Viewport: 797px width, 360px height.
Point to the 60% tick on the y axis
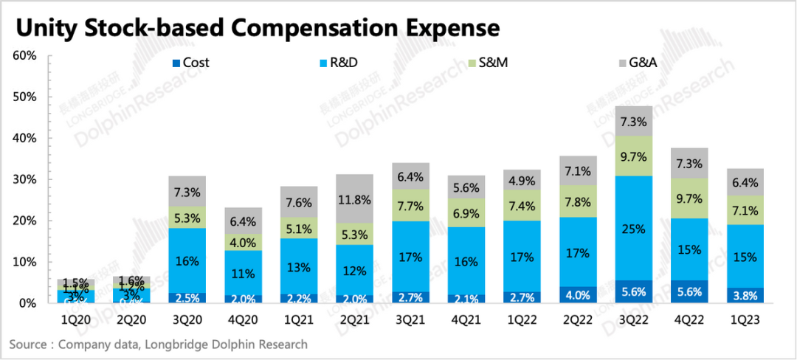[x=24, y=56]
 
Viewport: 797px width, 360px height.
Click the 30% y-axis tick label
[x=24, y=179]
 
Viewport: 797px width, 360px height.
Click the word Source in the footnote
[x=29, y=345]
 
